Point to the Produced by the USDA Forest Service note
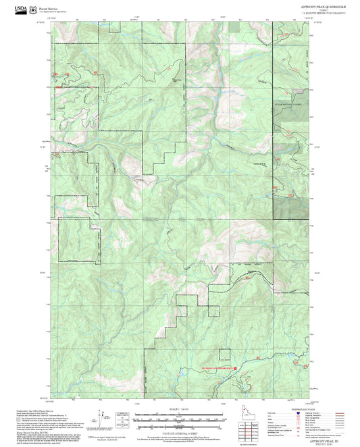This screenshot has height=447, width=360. click(37, 410)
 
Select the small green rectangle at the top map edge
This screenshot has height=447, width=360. click(234, 26)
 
